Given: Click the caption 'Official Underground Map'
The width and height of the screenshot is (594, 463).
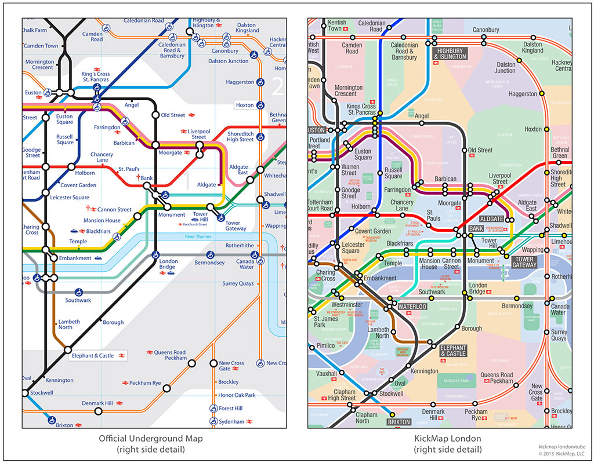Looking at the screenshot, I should pos(154,439).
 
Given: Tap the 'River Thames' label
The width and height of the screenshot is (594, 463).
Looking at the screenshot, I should pos(199,237).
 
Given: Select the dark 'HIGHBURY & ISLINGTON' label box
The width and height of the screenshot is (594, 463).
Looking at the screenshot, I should pos(450,53).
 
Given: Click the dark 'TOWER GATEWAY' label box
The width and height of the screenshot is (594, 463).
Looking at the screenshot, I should pos(524,261).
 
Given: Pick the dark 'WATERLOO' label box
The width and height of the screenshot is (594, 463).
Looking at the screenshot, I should pos(412,306).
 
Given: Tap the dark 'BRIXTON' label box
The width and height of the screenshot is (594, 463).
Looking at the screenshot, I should pos(400,422).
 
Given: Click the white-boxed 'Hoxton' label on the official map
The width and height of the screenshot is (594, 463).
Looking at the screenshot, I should pos(245,105).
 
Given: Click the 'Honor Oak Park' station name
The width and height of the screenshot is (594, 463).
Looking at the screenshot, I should pos(237,395).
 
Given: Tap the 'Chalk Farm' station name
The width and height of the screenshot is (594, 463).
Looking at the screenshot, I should pos(34,30).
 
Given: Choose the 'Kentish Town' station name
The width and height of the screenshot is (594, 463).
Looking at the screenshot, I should pos(337,25).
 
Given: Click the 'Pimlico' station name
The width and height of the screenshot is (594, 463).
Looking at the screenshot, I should pos(325,345).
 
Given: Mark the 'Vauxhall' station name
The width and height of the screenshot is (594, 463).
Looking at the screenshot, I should pos(327,374).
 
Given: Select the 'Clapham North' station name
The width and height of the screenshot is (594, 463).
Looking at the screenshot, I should pos(366,418).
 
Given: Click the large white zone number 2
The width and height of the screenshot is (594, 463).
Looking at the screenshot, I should pos(278,86).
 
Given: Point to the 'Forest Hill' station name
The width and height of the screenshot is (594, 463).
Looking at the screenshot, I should pos(231,409).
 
